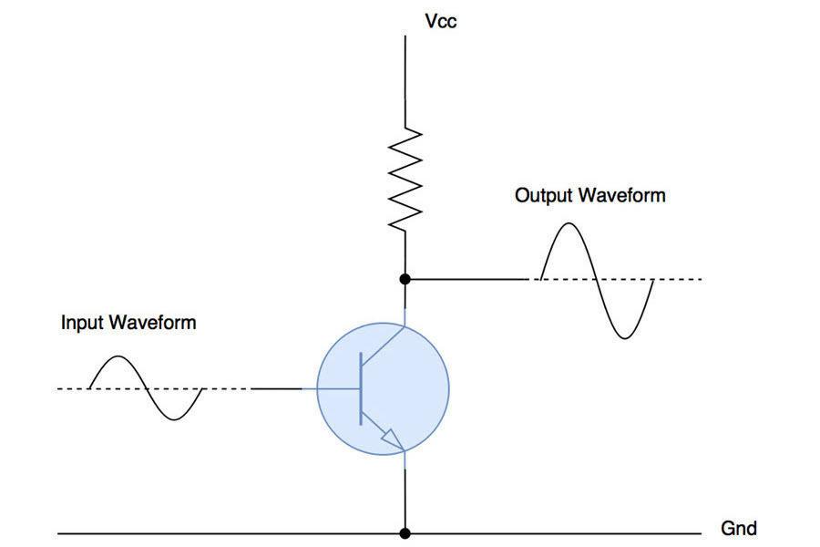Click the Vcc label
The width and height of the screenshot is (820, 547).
pyautogui.click(x=441, y=21)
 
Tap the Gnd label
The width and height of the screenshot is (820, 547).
pyautogui.click(x=738, y=528)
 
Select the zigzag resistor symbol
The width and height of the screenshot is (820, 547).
pyautogui.click(x=405, y=178)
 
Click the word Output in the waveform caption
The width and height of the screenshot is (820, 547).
pyautogui.click(x=545, y=195)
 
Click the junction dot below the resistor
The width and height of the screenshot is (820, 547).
pyautogui.click(x=405, y=278)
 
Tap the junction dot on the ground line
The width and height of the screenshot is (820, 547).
pyautogui.click(x=405, y=533)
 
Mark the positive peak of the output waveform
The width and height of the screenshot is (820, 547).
pyautogui.click(x=568, y=224)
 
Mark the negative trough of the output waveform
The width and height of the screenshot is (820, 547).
pyautogui.click(x=624, y=337)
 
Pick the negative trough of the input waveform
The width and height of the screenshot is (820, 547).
pyautogui.click(x=172, y=418)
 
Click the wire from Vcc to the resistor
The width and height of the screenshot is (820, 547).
pyautogui.click(x=405, y=82)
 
